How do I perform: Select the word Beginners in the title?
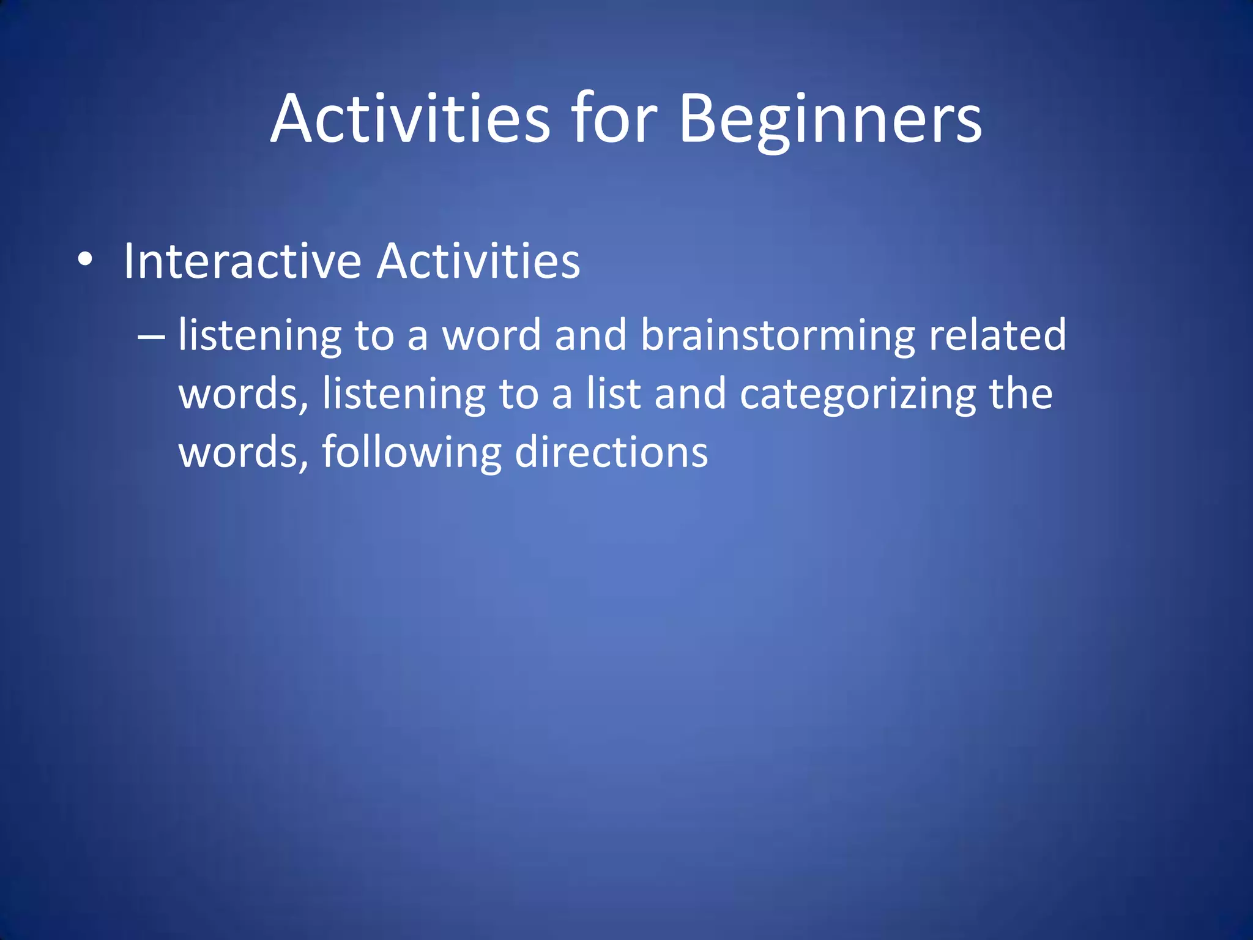pyautogui.click(x=830, y=119)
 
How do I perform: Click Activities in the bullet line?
pyautogui.click(x=478, y=261)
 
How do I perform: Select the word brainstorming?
pyautogui.click(x=778, y=337)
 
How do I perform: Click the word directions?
pyautogui.click(x=611, y=452)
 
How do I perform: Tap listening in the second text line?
pyautogui.click(x=404, y=395)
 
